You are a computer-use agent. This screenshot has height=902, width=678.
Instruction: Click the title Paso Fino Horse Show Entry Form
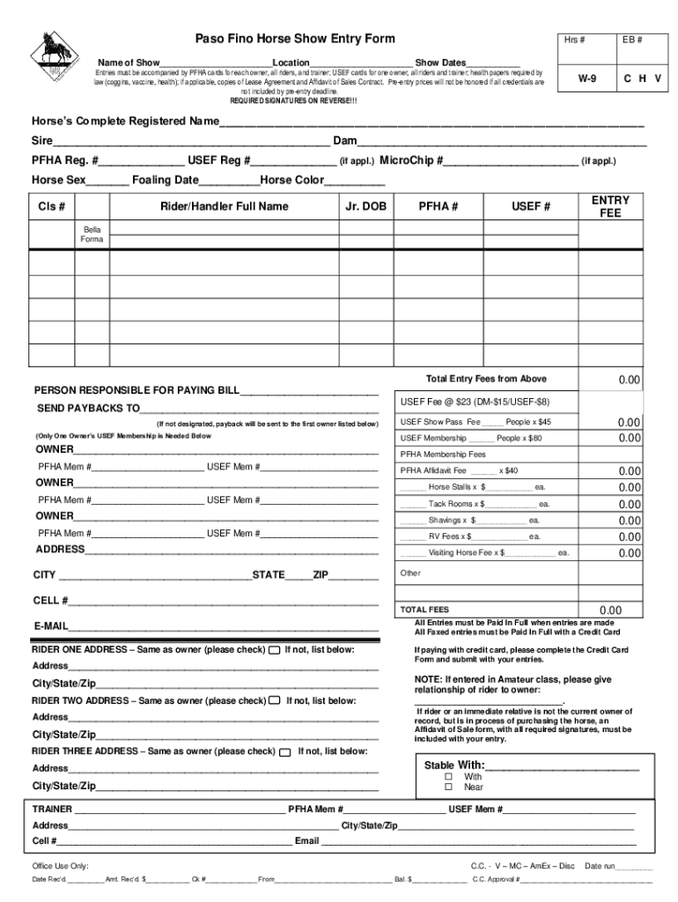pos(294,40)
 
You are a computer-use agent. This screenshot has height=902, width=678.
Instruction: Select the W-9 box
pos(586,79)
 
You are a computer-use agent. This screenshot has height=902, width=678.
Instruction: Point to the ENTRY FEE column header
pos(610,207)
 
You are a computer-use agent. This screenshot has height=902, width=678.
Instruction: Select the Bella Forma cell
pos(92,234)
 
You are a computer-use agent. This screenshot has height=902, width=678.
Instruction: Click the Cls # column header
pos(52,207)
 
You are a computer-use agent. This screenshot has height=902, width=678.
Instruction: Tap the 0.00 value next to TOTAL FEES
pos(610,610)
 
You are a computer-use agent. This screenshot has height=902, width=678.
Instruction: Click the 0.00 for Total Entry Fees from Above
pos(628,380)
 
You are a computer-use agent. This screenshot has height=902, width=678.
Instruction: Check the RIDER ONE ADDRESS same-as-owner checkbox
pos(274,650)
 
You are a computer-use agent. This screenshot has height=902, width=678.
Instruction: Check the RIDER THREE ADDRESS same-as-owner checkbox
pos(284,752)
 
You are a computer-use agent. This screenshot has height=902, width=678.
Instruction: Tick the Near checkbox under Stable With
pos(448,787)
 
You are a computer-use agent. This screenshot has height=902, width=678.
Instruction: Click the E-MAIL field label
pos(51,626)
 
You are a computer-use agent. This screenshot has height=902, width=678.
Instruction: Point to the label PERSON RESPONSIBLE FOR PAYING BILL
pos(136,390)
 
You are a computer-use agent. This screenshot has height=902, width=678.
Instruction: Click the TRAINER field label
pos(53,809)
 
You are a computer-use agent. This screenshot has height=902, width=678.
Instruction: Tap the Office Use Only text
pos(60,866)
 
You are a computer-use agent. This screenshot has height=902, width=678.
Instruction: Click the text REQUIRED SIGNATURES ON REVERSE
pos(293,101)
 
